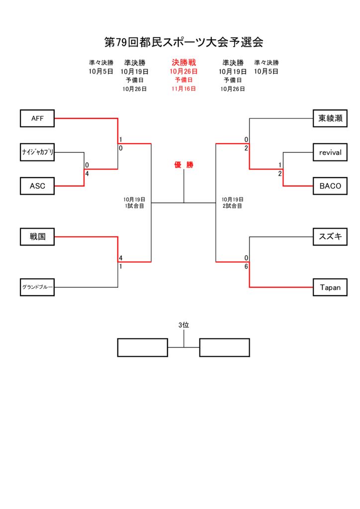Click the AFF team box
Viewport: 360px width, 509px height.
click(x=37, y=118)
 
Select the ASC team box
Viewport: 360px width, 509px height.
click(x=37, y=186)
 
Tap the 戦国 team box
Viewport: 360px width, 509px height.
click(x=37, y=237)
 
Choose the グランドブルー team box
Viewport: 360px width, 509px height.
click(x=37, y=287)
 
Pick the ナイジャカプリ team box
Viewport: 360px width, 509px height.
click(x=37, y=152)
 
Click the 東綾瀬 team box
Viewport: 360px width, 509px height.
click(x=330, y=118)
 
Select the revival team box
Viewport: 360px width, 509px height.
click(x=330, y=152)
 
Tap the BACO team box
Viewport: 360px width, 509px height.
click(x=330, y=186)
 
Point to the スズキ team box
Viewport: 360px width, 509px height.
click(x=330, y=237)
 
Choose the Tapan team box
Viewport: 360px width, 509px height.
click(x=330, y=287)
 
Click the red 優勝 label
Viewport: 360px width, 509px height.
click(x=183, y=165)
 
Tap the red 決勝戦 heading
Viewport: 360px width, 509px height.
click(x=184, y=63)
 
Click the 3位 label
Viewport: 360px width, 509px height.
click(x=184, y=325)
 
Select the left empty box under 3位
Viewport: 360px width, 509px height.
click(x=142, y=347)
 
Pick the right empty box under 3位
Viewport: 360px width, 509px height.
click(x=224, y=347)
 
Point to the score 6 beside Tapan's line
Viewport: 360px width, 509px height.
click(x=246, y=266)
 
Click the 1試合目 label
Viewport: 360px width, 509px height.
click(x=134, y=206)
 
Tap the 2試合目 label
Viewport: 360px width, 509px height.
click(x=232, y=206)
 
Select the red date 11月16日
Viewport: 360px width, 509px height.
click(x=183, y=88)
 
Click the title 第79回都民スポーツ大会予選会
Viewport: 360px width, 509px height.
click(x=183, y=42)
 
